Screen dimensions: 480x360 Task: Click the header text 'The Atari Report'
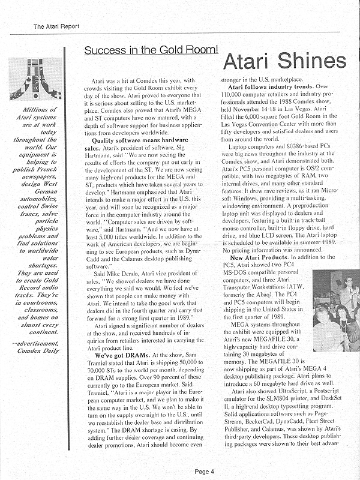(x=55, y=26)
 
